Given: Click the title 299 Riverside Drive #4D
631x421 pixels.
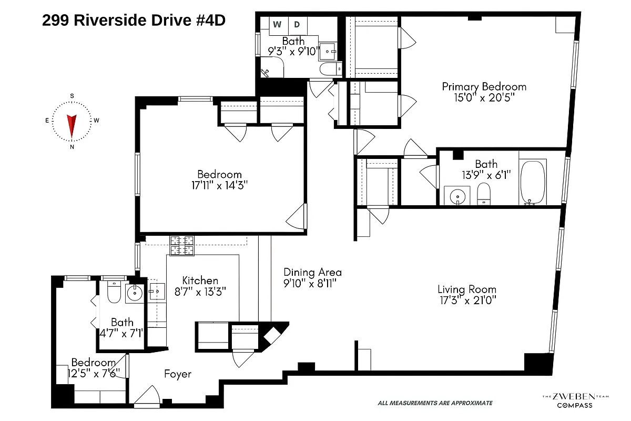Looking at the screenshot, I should click(134, 21).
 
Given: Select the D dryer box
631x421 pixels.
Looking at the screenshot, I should click(297, 24).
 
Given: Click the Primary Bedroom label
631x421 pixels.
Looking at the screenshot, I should click(483, 86).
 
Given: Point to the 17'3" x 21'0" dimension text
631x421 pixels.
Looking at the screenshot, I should click(466, 300).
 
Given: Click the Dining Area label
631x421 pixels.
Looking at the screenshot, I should click(312, 272).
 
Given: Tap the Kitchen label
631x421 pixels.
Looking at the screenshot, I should click(200, 280).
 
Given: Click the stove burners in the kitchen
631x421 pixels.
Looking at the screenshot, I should click(181, 246).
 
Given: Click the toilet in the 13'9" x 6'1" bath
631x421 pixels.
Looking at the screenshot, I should click(483, 194).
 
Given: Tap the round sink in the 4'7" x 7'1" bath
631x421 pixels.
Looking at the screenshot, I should click(135, 293).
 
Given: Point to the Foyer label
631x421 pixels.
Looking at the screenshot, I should click(177, 374).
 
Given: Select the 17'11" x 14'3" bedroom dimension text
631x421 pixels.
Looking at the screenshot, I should click(219, 185).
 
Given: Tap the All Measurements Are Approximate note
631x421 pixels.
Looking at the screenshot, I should click(435, 403).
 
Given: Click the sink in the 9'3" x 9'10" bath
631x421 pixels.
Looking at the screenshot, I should click(329, 51).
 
